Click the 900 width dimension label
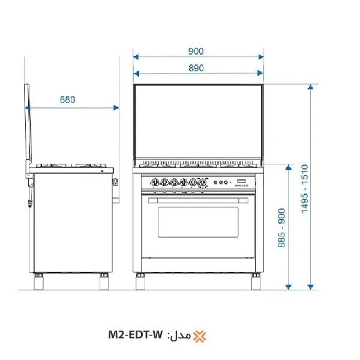point(196,51)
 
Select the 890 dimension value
point(196,68)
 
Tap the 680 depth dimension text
point(67,100)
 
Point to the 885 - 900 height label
point(282,229)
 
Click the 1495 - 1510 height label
point(304,188)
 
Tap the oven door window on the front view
point(197,221)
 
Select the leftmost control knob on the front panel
point(154,182)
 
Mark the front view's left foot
point(142,280)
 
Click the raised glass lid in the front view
point(197,123)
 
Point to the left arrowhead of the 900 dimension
point(136,57)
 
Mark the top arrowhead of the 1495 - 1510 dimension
point(310,88)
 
